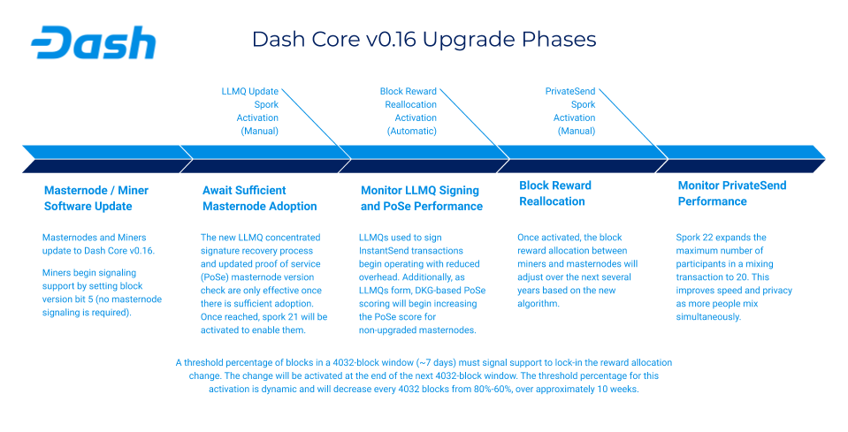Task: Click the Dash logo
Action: point(93,42)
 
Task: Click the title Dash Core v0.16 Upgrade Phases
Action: point(424,40)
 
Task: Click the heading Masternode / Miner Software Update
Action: point(95,198)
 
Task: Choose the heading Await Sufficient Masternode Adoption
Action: point(259,198)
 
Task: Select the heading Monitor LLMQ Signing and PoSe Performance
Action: point(421,198)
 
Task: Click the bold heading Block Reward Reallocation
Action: point(554,193)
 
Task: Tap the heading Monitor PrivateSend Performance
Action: point(731,193)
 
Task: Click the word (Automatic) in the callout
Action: point(411,131)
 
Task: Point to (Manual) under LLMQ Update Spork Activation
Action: point(259,131)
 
